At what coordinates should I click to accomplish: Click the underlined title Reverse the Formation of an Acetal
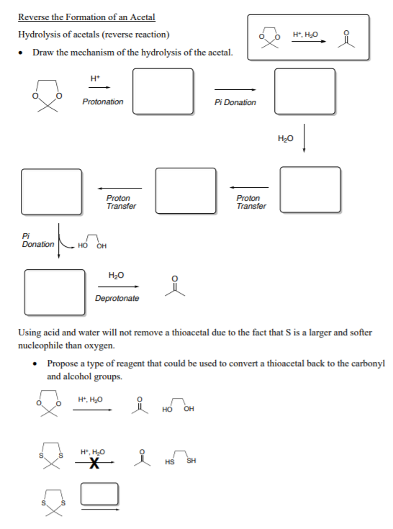86,17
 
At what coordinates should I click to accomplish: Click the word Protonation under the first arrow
102,102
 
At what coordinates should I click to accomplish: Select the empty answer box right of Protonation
163,91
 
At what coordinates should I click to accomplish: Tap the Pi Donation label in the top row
235,102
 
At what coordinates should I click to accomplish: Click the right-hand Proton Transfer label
250,202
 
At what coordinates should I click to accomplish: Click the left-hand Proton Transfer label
120,202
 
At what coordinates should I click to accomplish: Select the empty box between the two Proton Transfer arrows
186,190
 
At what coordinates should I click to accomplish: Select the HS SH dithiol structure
181,459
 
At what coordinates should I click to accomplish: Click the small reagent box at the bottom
99,494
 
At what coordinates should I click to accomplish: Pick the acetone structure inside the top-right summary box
349,37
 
